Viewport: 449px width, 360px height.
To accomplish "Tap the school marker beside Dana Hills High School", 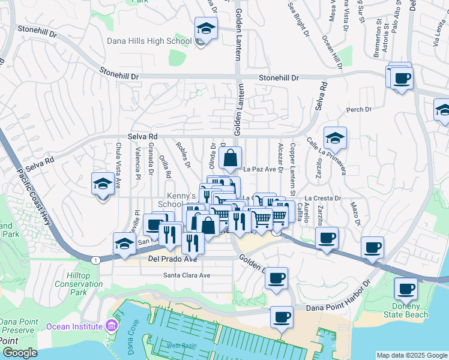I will pos(206,29).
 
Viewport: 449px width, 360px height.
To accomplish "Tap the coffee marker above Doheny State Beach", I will pos(406,290).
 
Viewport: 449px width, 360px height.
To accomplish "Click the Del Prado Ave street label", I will pos(172,259).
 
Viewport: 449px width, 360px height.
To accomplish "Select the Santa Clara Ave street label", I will pos(187,275).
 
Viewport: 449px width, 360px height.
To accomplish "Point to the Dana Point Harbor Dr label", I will pos(339,307).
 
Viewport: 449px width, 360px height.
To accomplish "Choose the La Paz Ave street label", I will pos(263,170).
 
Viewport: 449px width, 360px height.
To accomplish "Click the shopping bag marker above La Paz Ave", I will pos(230,159).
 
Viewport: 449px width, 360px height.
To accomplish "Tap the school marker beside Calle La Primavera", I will pos(336,139).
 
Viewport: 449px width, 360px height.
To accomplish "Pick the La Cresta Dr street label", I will pos(322,198).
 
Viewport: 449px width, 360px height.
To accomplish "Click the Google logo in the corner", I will pos(20,353).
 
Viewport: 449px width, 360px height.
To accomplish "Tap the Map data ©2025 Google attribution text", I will pos(411,355).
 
